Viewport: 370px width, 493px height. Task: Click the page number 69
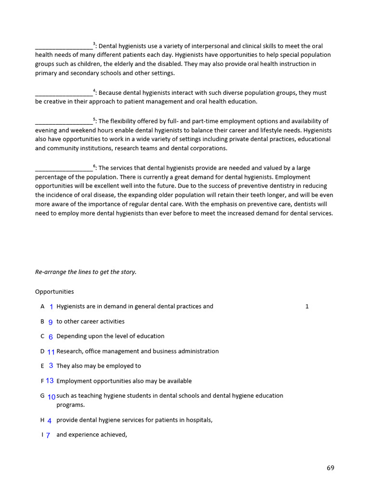click(330, 467)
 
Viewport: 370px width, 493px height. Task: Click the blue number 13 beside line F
click(50, 381)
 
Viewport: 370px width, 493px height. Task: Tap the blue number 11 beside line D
click(51, 352)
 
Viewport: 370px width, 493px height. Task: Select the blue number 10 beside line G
click(52, 397)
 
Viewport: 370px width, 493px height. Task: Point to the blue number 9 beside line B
click(51, 322)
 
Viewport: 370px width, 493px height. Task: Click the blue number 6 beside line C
click(51, 337)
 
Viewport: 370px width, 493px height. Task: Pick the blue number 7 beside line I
click(48, 435)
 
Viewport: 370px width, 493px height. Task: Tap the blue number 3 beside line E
click(51, 366)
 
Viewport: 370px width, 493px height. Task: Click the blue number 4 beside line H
click(50, 420)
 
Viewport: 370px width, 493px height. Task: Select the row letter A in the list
click(42, 307)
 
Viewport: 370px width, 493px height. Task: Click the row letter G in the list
click(42, 396)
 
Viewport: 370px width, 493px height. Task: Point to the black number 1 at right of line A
click(307, 307)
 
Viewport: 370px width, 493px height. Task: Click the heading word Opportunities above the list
click(54, 292)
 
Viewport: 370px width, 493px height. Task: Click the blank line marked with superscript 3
click(64, 47)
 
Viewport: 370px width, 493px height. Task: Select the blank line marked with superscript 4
click(64, 93)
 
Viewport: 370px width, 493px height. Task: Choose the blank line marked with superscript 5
click(64, 122)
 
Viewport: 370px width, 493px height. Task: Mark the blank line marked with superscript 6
click(64, 169)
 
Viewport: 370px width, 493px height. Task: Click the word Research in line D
click(69, 351)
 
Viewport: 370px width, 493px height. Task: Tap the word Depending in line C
click(72, 336)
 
